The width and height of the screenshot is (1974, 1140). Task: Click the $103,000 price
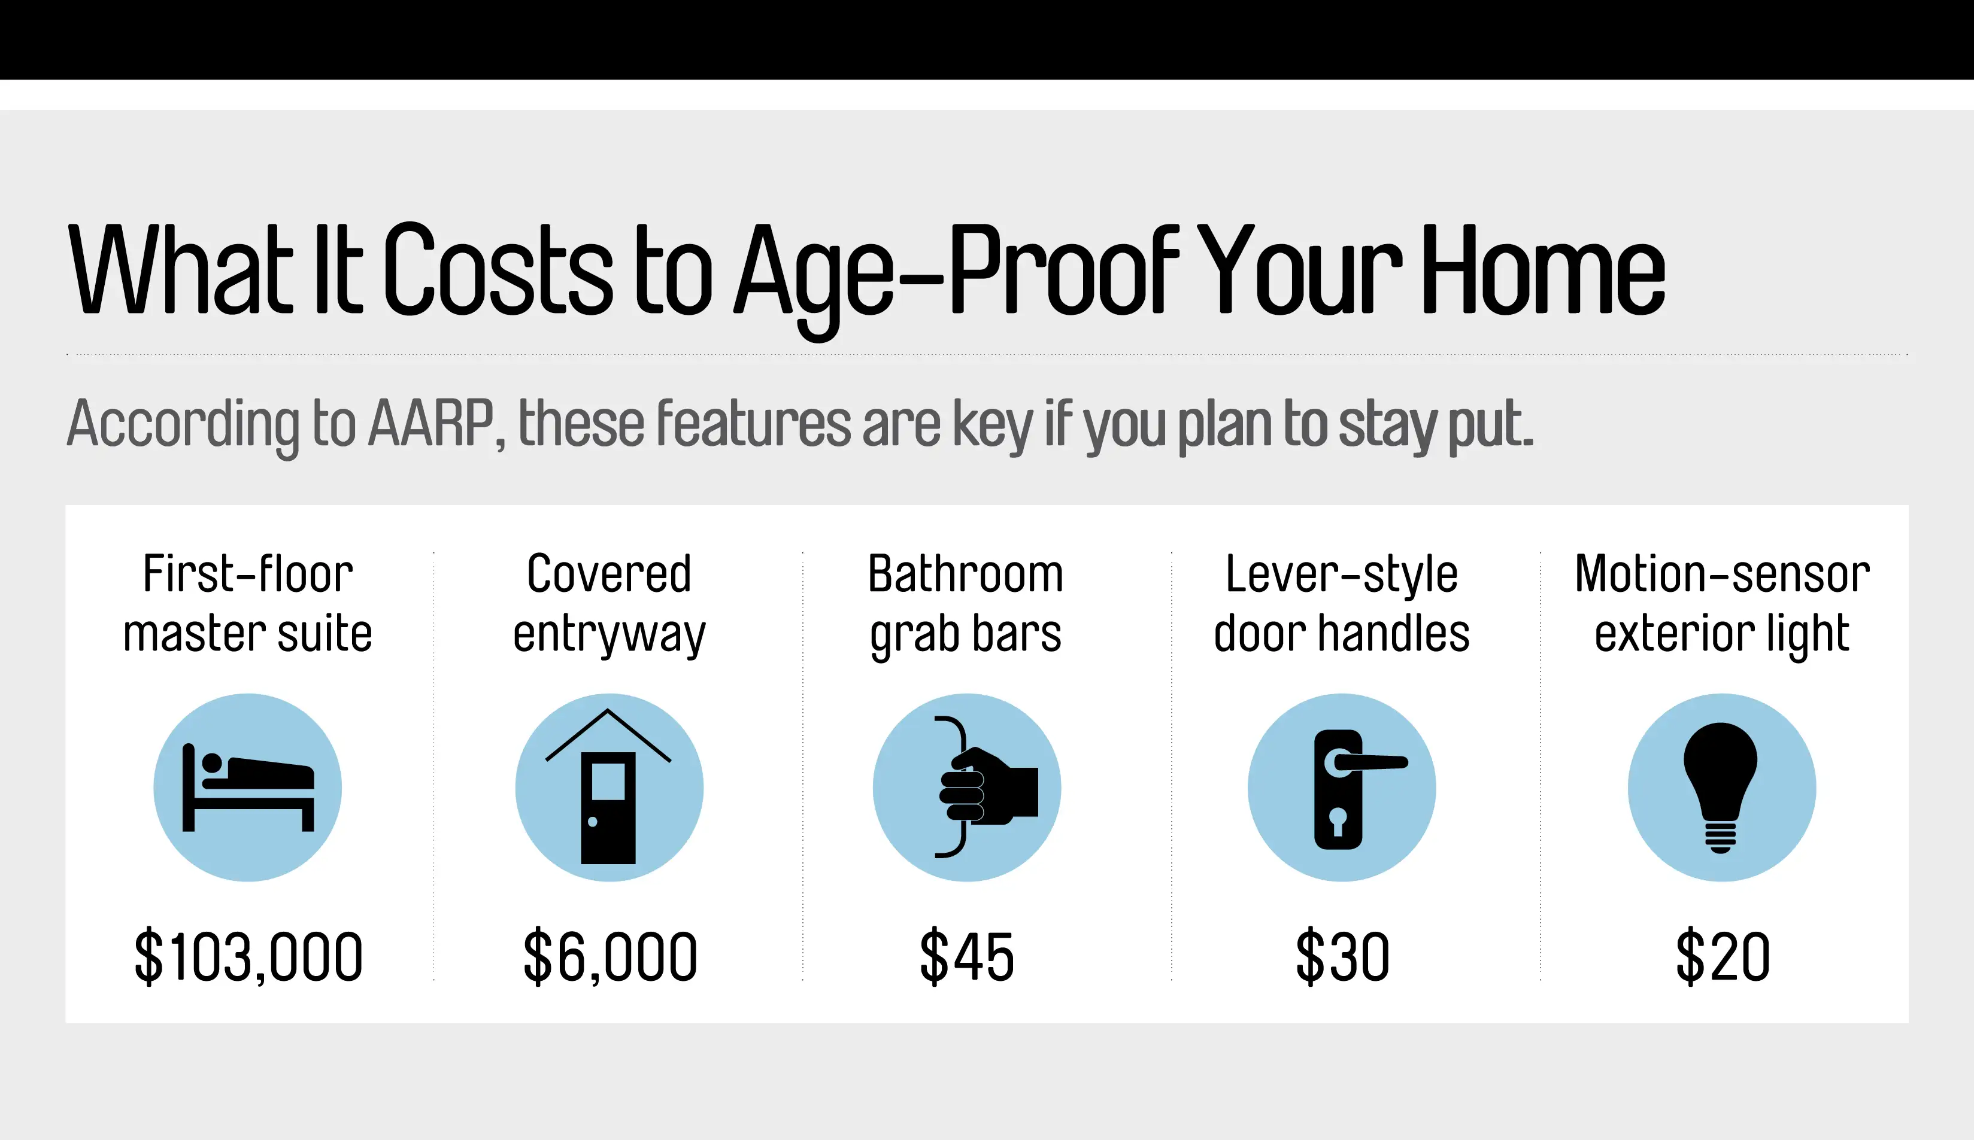[248, 956]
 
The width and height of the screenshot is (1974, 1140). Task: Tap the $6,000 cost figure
[610, 956]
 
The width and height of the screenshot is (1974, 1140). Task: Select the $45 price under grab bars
[966, 956]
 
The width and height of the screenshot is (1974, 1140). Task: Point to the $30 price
[1342, 956]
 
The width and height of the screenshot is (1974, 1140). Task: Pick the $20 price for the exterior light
[1723, 956]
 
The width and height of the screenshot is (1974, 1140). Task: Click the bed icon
[247, 788]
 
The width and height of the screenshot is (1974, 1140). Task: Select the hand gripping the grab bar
[988, 786]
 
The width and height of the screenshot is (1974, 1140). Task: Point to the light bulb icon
[1721, 788]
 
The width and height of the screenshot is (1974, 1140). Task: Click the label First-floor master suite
[247, 603]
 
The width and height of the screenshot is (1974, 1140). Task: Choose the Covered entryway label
[610, 603]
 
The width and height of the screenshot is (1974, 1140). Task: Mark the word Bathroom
[966, 574]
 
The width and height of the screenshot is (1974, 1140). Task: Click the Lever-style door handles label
[1342, 603]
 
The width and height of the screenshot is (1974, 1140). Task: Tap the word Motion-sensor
[1723, 574]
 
